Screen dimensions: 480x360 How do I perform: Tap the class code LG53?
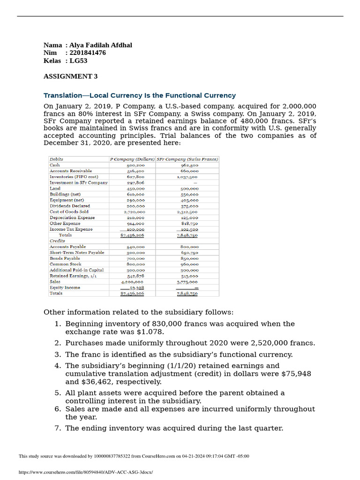point(78,61)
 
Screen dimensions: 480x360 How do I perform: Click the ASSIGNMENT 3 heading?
point(71,76)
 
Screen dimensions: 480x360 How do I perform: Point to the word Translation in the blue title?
point(63,95)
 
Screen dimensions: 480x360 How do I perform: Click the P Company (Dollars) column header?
point(132,159)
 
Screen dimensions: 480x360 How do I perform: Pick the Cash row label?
point(55,165)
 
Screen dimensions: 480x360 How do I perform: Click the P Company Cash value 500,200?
point(135,165)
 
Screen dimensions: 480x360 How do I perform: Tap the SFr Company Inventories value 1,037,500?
point(187,177)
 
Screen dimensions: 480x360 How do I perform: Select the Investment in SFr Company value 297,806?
point(135,183)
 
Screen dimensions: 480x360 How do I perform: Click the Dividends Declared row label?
point(69,206)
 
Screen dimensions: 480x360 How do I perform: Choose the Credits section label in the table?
point(57,240)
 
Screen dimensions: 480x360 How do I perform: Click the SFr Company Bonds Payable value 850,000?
point(189,258)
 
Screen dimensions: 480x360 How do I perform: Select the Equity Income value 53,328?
point(135,288)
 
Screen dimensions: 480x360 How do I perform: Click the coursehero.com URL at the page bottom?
point(86,472)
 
